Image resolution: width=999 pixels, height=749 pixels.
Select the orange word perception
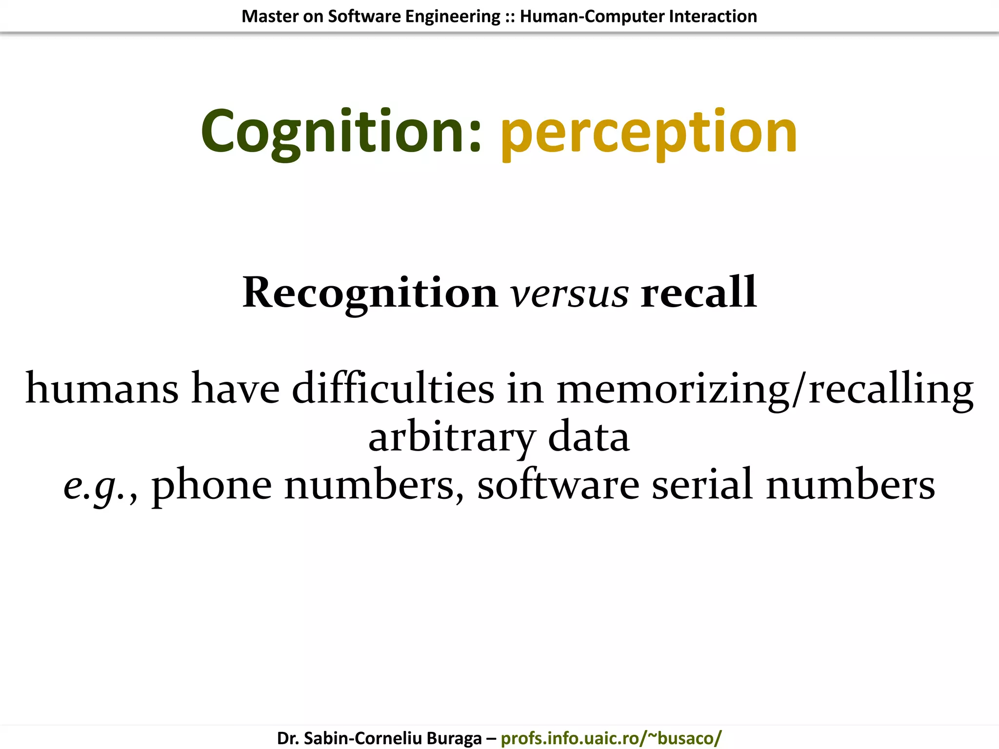pos(649,133)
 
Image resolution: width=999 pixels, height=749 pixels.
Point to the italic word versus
pos(569,294)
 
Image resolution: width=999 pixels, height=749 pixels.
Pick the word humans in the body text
pos(102,389)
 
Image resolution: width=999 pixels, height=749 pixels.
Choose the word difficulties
pos(393,389)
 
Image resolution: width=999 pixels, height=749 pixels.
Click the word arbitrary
pos(452,437)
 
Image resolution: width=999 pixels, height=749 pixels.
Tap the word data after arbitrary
pos(589,437)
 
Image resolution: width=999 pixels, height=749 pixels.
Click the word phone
pos(212,486)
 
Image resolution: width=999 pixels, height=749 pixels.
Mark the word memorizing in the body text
pos(673,389)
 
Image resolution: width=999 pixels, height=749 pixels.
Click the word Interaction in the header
pos(713,17)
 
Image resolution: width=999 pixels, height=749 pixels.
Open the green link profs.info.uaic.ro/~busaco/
pos(611,738)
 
